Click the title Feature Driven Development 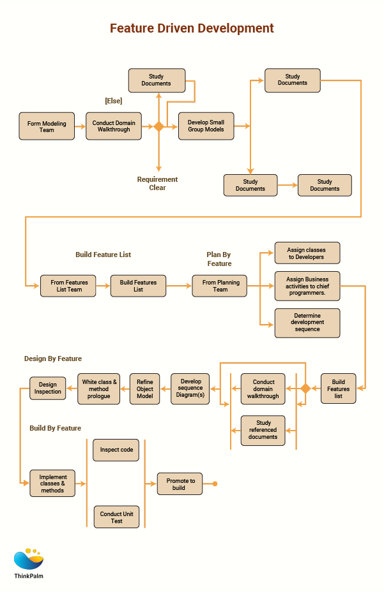click(x=192, y=29)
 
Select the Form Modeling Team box click(x=47, y=126)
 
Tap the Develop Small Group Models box click(x=206, y=126)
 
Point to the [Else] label click(x=113, y=101)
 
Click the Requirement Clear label click(x=157, y=184)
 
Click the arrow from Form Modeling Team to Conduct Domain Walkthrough click(x=80, y=126)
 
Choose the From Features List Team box click(x=68, y=286)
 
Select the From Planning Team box click(x=220, y=286)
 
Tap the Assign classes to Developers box click(x=307, y=253)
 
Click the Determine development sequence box click(x=307, y=323)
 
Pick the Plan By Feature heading click(x=219, y=259)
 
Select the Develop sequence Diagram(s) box click(x=190, y=389)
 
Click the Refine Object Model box click(x=145, y=389)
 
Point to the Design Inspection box click(x=47, y=389)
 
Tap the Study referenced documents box click(x=263, y=430)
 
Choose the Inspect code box click(x=116, y=450)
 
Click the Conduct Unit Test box click(x=116, y=517)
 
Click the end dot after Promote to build click(x=215, y=484)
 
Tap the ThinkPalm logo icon click(x=29, y=559)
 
